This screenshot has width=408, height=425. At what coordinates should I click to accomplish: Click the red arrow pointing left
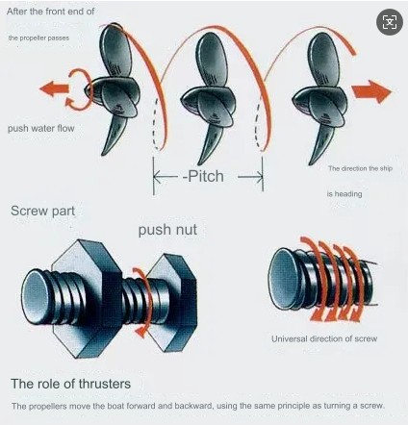[x=54, y=89]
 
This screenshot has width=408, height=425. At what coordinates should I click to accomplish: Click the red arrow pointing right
[x=371, y=91]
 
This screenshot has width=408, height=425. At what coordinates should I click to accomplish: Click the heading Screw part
[x=42, y=210]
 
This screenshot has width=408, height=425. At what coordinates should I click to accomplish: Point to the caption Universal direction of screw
[x=322, y=338]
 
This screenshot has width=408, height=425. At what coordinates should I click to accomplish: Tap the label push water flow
[x=41, y=126]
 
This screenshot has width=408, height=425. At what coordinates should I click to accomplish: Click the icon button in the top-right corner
[x=389, y=21]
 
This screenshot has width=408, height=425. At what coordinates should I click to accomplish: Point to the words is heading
[x=343, y=193]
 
